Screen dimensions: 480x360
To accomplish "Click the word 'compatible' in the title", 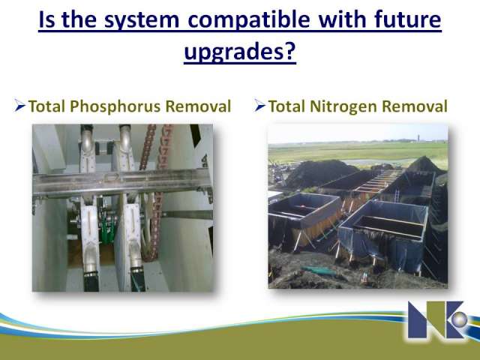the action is point(249,19).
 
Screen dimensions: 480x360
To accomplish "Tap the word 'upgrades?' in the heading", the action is point(240,51).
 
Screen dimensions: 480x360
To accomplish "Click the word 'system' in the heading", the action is point(142,20).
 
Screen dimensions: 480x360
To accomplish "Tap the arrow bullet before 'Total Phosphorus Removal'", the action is point(19,105).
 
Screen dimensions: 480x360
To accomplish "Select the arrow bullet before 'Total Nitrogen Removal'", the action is point(259,105).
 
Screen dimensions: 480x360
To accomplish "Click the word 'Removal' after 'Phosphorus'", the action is point(198,106).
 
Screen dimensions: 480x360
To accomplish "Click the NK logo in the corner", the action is point(438,319).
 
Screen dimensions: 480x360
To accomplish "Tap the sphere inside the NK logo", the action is point(459,319).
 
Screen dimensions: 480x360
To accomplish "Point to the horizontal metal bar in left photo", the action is point(122,183).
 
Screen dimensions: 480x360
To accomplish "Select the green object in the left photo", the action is point(108,230).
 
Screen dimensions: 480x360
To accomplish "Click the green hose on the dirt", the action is point(318,270).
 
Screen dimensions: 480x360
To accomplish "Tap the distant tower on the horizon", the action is point(417,137).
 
